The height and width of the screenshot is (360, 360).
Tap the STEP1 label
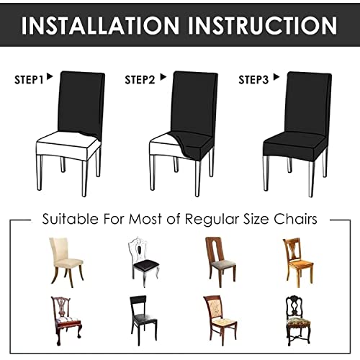[29, 79]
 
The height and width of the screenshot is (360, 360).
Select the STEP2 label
[140, 79]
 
